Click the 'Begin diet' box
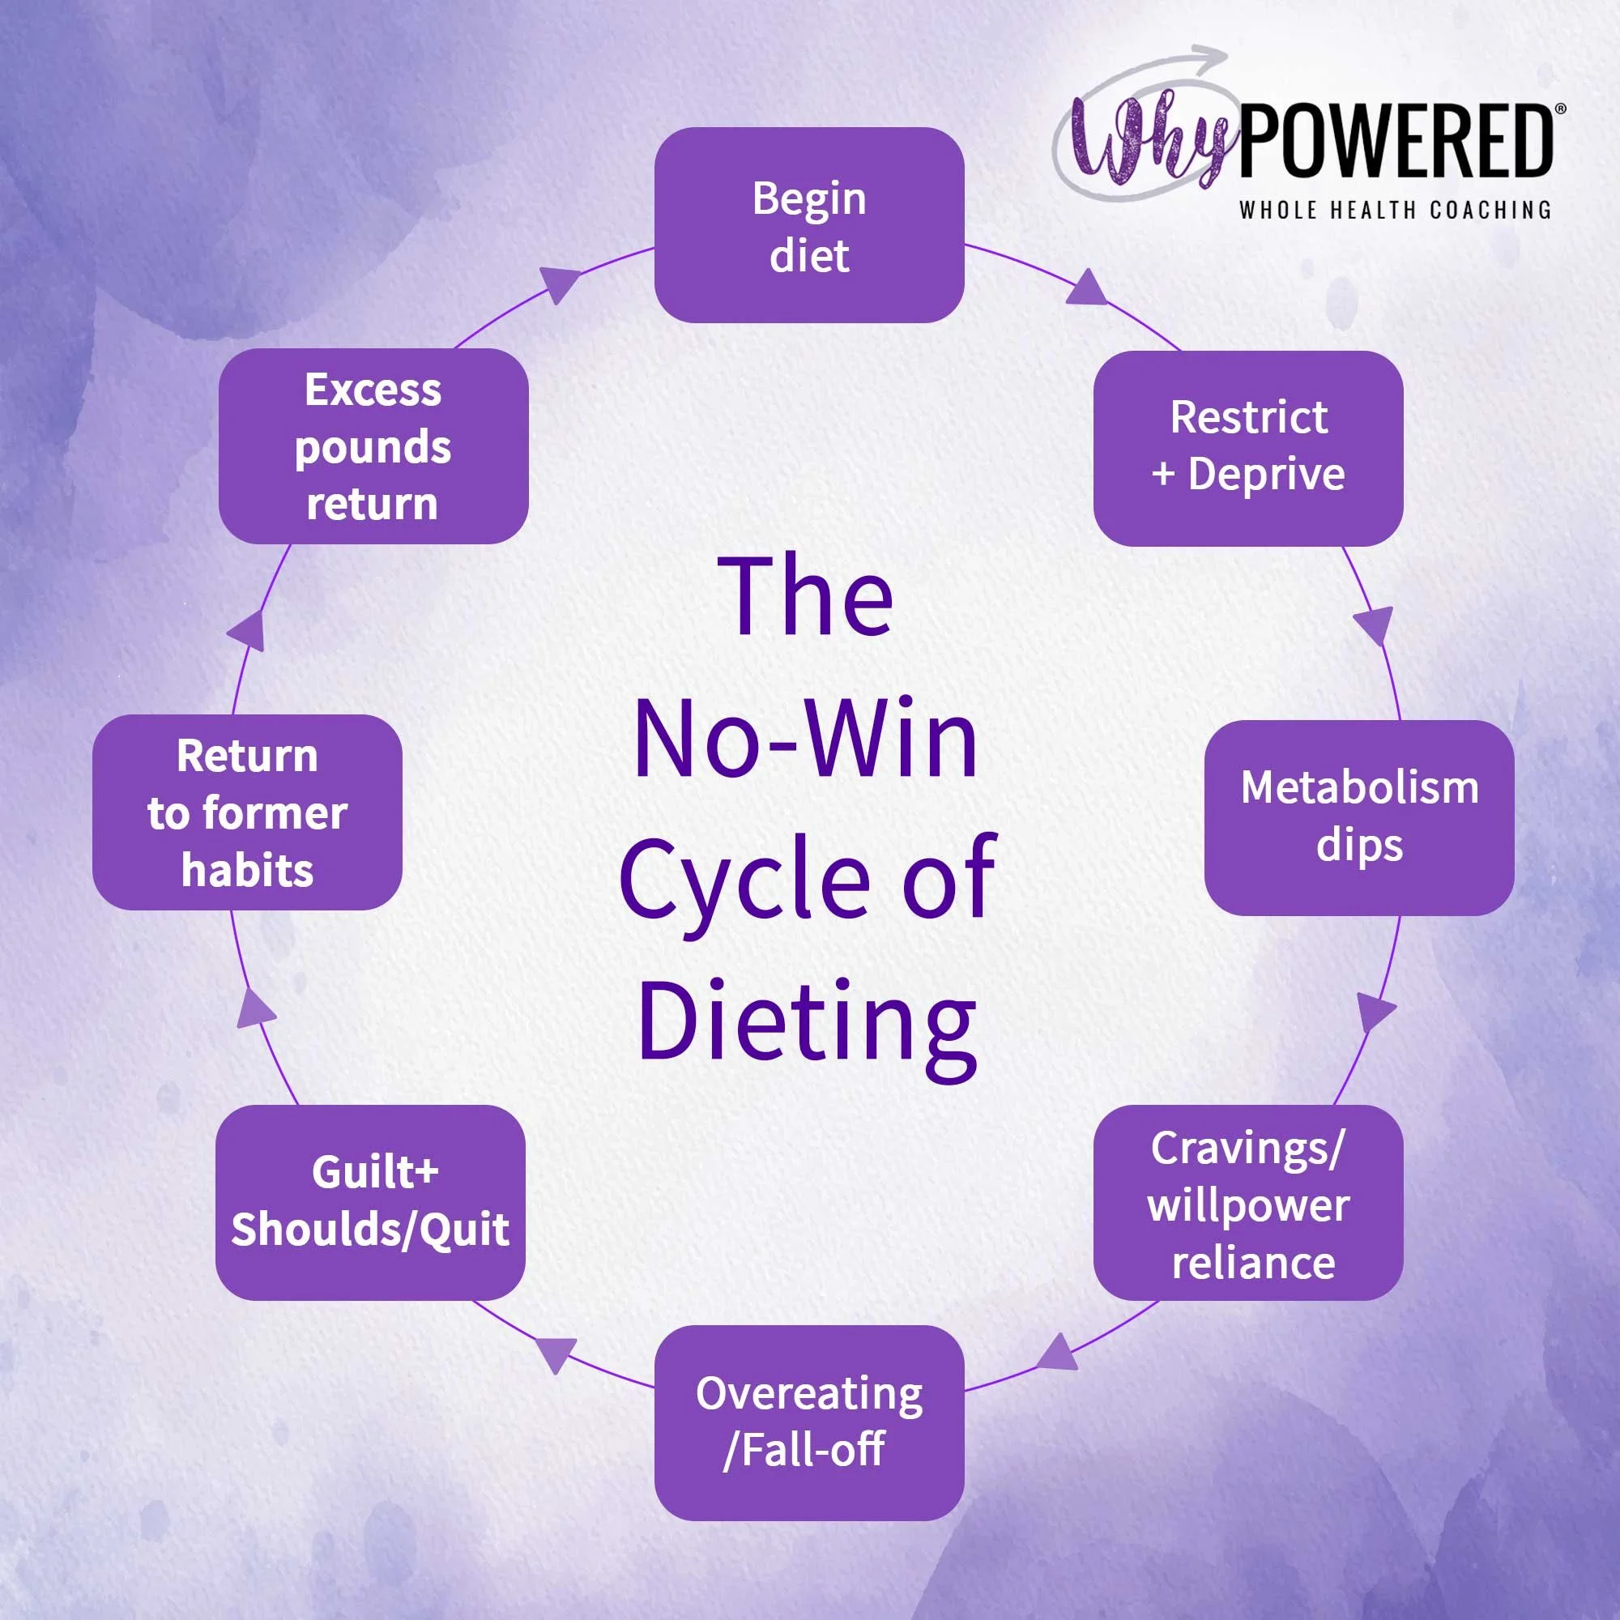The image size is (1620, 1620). (809, 224)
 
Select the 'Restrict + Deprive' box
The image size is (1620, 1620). (1247, 448)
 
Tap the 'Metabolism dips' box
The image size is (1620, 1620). (1359, 816)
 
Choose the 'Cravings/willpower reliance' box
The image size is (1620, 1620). (1247, 1204)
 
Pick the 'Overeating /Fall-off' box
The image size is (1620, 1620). (809, 1422)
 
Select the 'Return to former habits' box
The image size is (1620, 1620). (247, 812)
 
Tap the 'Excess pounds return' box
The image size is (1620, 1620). (373, 446)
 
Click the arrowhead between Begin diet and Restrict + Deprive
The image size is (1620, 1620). (1088, 288)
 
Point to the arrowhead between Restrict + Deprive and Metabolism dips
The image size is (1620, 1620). (1375, 624)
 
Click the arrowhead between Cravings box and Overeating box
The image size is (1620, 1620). (1058, 1353)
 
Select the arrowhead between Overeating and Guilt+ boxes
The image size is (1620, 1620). (556, 1353)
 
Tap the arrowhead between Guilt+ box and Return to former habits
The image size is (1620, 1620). (256, 1009)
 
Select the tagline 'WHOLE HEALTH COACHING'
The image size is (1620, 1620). (1396, 210)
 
